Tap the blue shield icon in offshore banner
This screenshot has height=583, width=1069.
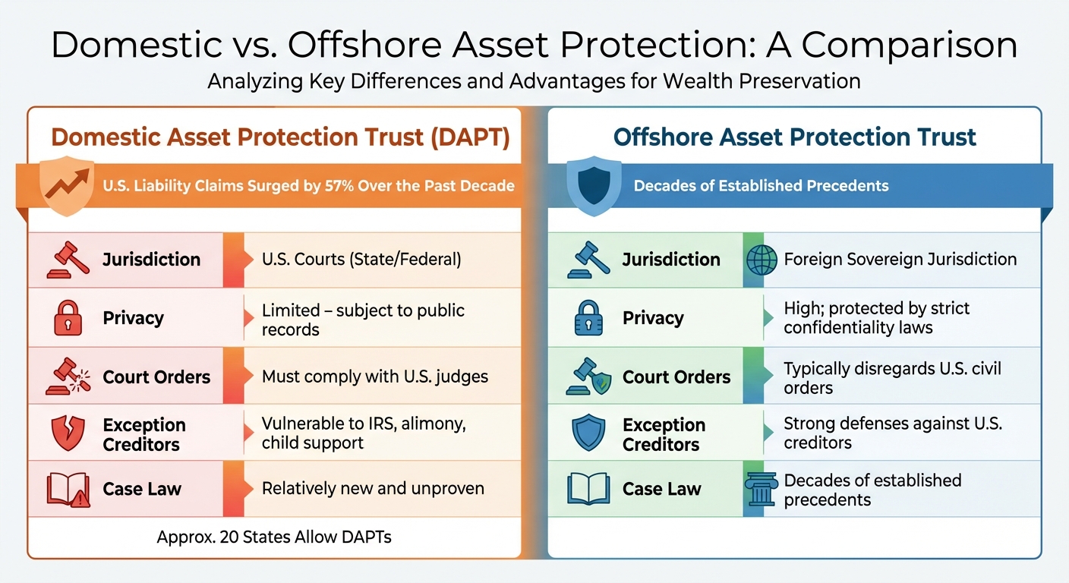[x=594, y=186]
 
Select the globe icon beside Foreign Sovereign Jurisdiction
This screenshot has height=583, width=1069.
[x=762, y=260]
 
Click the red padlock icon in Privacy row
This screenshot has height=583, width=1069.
[x=68, y=318]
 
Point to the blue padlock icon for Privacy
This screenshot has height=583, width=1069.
[x=588, y=318]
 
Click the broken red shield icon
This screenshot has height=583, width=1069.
[x=68, y=433]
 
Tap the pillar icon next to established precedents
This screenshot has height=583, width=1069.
[x=762, y=490]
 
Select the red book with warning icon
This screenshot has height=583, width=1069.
[x=68, y=490]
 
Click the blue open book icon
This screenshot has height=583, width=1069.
[x=588, y=490]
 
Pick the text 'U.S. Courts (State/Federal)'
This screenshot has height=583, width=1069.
[x=361, y=260]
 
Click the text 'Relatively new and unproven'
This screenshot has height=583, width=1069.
[x=373, y=489]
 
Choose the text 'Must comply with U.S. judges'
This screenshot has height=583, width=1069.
[x=374, y=377]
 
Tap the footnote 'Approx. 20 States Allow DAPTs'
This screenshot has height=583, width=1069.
[x=274, y=537]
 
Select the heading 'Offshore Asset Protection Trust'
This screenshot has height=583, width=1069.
[x=794, y=137]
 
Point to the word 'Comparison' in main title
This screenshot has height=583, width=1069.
[x=910, y=46]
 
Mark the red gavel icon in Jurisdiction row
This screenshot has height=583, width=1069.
[x=68, y=260]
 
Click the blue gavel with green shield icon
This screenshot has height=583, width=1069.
[x=588, y=377]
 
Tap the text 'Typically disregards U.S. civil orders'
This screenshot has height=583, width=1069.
[x=892, y=378]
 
